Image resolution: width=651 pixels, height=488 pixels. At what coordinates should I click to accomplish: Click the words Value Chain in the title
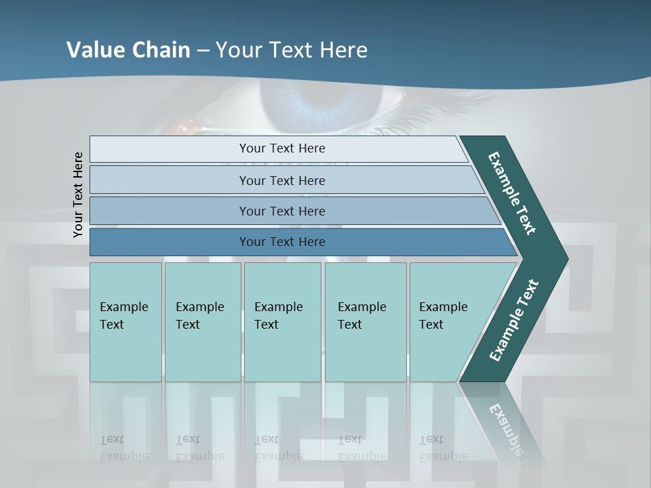tap(128, 50)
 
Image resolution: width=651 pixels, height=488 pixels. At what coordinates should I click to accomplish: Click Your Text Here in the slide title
tap(292, 50)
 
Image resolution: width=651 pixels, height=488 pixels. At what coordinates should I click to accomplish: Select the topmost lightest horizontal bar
tap(281, 148)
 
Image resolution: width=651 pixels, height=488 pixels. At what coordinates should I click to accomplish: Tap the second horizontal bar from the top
tap(281, 180)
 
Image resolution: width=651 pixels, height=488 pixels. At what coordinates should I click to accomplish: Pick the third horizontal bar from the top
tap(281, 211)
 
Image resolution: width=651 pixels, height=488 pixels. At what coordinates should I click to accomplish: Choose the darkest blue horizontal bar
tap(281, 242)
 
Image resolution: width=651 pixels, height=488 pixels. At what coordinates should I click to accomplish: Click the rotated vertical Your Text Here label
tap(78, 195)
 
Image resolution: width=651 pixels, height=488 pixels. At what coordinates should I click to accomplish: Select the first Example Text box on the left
tap(125, 322)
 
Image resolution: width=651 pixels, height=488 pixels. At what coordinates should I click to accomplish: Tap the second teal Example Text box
tap(203, 322)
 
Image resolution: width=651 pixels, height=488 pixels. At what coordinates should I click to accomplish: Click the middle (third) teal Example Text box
tap(282, 322)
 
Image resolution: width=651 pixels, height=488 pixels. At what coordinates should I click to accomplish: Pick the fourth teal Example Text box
tap(366, 322)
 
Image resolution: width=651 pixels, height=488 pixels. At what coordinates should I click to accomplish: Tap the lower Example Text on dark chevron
tap(514, 320)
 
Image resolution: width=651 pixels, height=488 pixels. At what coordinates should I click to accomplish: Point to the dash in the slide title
tap(203, 51)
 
